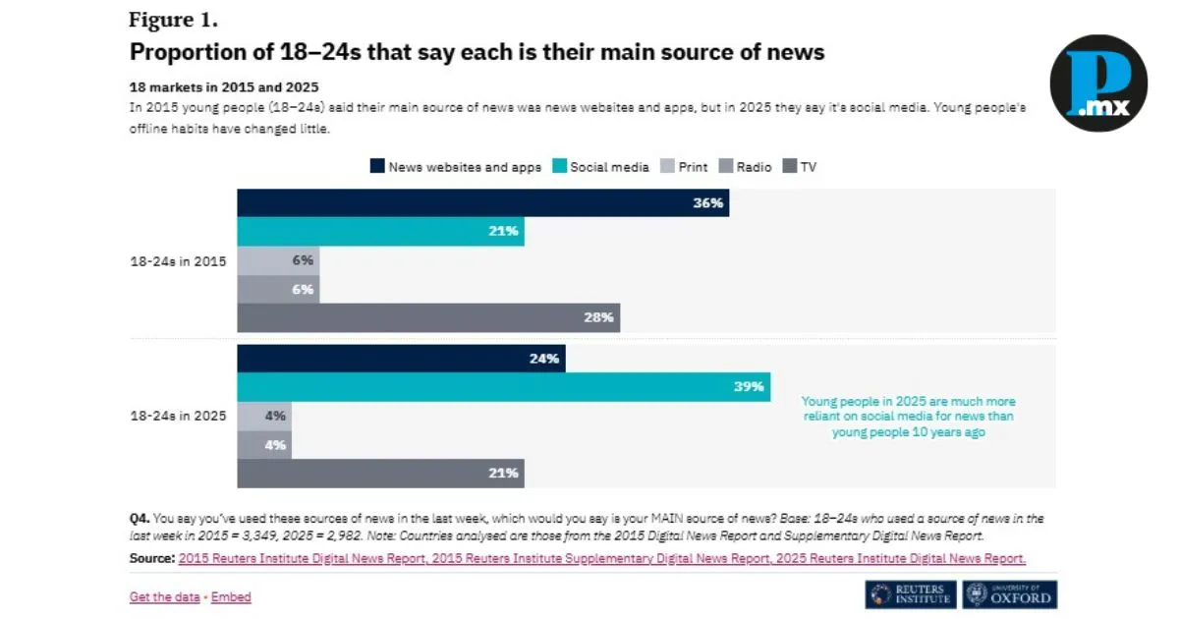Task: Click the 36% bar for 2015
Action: [x=482, y=203]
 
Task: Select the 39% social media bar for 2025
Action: [x=503, y=387]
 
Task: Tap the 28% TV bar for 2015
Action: [x=428, y=317]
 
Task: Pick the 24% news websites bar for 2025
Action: [x=401, y=359]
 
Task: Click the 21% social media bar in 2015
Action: [x=380, y=232]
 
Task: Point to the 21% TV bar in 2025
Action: [x=380, y=473]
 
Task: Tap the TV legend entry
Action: [x=799, y=167]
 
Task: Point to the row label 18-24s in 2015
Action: [x=178, y=261]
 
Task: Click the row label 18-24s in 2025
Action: [x=178, y=416]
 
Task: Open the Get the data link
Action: [x=165, y=596]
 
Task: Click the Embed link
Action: [x=231, y=596]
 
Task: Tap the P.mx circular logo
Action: [x=1097, y=83]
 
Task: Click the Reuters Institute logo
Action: [x=911, y=594]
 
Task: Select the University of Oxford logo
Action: [x=1009, y=594]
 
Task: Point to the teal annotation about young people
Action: [x=908, y=416]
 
